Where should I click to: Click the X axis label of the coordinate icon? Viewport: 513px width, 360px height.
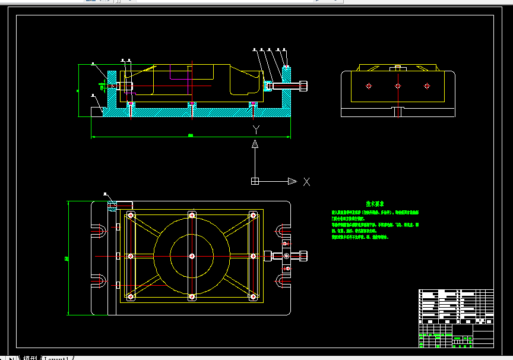(x=306, y=182)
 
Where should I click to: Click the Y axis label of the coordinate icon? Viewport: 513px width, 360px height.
(x=255, y=129)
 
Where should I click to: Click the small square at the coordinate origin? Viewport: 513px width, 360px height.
(x=255, y=181)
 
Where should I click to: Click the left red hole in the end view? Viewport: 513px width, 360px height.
(x=369, y=86)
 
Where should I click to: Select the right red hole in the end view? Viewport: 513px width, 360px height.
(x=426, y=86)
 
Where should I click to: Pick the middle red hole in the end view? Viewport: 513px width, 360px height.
(x=398, y=86)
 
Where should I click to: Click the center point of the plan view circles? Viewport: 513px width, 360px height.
(x=192, y=256)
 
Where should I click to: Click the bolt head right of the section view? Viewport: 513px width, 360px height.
(x=304, y=86)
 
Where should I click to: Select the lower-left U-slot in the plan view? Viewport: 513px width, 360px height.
(x=99, y=281)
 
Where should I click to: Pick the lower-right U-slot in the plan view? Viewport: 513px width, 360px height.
(x=282, y=281)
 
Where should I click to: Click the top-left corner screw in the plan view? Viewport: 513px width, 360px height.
(x=130, y=214)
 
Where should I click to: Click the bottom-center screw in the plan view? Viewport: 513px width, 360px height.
(x=192, y=296)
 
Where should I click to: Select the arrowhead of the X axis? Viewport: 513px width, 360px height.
(x=292, y=181)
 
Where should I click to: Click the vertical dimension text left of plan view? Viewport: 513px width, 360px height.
(x=65, y=258)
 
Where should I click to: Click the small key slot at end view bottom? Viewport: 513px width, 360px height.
(x=398, y=111)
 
